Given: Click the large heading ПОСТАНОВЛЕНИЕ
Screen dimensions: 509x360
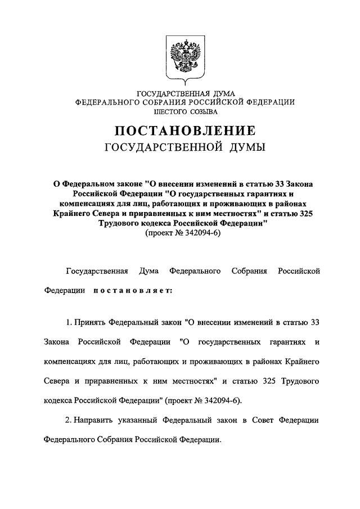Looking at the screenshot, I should coord(186,131).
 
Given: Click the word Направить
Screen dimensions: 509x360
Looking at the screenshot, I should coord(95,420).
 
